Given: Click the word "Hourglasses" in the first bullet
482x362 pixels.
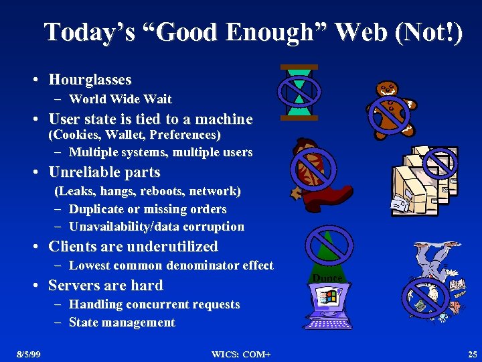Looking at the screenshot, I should [x=90, y=80].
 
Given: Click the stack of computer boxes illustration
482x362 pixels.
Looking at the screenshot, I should [x=424, y=181].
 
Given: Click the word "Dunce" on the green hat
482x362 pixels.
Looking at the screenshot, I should [x=327, y=278].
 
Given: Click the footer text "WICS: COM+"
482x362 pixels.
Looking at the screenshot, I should [x=241, y=353].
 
